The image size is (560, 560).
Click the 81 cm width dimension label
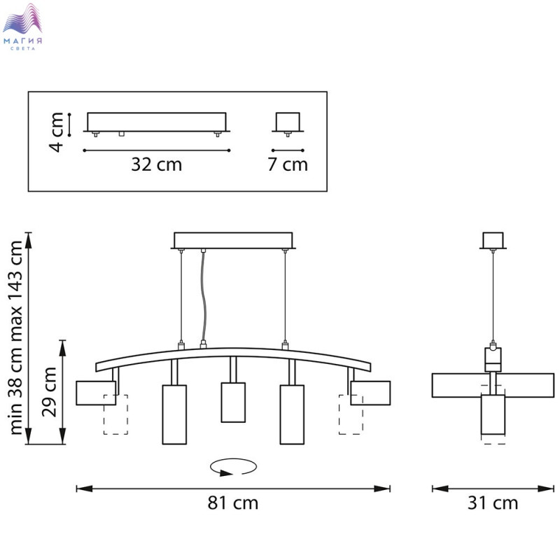pos(232,503)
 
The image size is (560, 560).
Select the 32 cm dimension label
pos(156,164)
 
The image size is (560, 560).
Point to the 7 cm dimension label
pos(288,164)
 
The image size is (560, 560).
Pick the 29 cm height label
pos(49,392)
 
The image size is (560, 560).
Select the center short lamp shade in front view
pos(233,402)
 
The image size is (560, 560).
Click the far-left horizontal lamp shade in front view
pos(95,393)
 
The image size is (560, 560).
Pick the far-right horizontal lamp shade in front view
pos(370,393)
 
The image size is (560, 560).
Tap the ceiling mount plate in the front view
pos(232,240)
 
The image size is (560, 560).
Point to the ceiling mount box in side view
pos(493,239)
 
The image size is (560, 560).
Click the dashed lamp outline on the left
pos(116,414)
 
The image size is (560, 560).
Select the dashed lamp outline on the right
pos(351,414)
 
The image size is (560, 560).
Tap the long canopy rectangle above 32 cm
pos(156,121)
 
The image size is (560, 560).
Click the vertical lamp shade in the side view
pos(493,419)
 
